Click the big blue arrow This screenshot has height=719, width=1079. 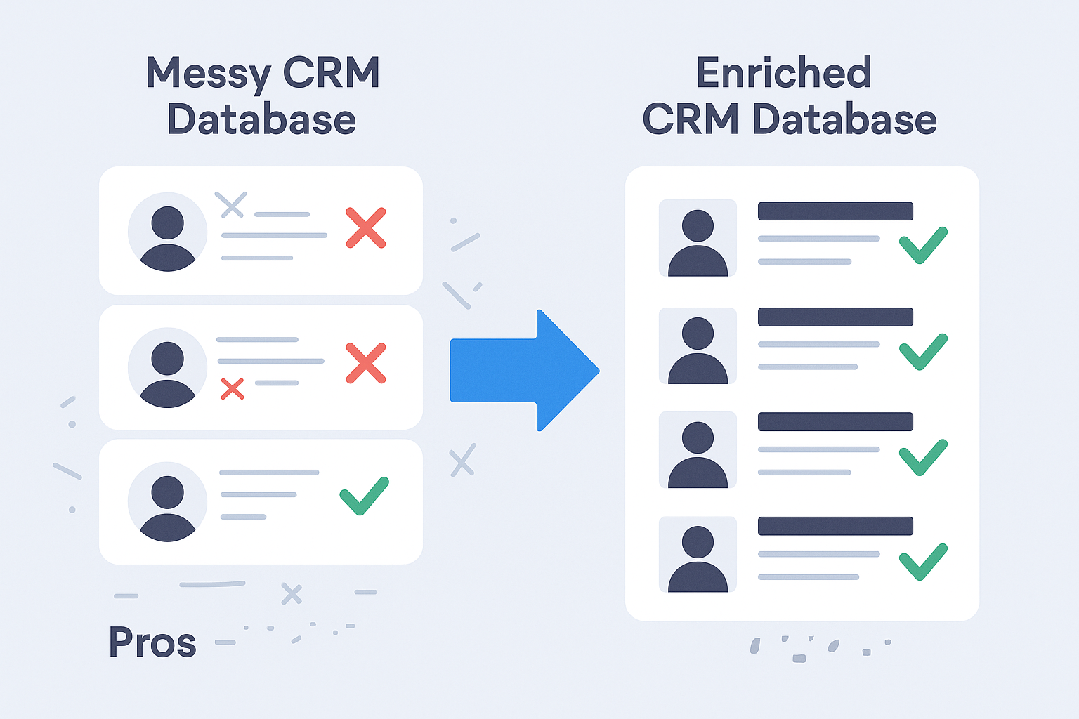pos(520,370)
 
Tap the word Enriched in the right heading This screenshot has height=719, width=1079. pos(784,73)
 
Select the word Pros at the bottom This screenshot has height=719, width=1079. pos(152,642)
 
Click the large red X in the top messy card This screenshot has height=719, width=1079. pos(366,227)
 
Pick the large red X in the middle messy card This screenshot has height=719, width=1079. pos(366,363)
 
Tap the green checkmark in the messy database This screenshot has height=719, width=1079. pos(364,495)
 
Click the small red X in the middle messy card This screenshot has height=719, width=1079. pos(233,389)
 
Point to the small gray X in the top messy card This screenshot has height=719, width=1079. pos(230,204)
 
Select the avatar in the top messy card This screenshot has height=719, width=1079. pos(167,232)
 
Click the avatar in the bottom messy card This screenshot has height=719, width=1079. pos(167,502)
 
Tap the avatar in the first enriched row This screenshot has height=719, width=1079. pos(698,239)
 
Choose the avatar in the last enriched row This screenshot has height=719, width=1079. pos(698,555)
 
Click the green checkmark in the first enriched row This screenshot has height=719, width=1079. pos(923,244)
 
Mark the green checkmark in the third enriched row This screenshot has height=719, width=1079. pos(923,456)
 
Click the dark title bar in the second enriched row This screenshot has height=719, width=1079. pos(835,317)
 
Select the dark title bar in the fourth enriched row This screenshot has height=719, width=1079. pos(835,526)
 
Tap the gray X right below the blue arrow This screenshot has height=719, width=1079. pos(463,460)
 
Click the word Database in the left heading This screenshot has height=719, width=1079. pos(261,119)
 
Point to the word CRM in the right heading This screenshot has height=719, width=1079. pos(691,119)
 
